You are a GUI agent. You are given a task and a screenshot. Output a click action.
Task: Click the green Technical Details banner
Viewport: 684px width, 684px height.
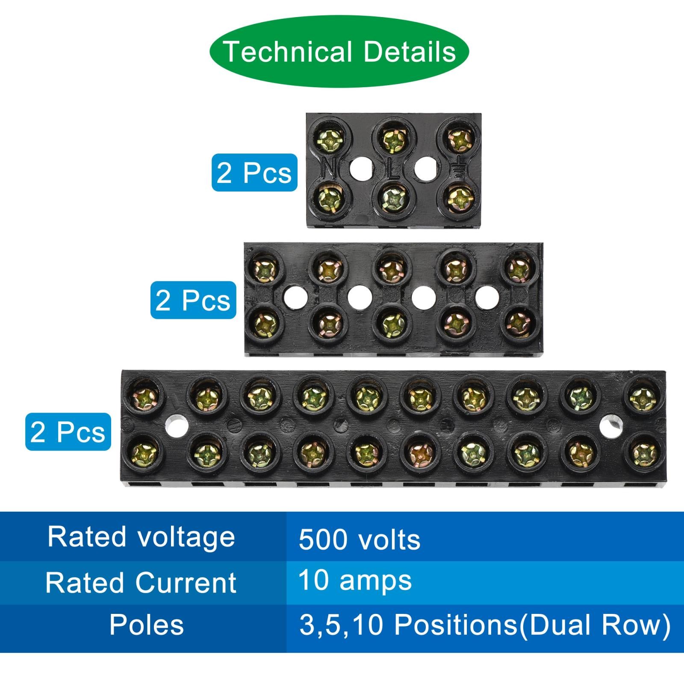tap(339, 52)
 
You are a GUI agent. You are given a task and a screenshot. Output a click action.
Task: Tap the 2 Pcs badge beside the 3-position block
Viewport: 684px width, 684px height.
tap(254, 172)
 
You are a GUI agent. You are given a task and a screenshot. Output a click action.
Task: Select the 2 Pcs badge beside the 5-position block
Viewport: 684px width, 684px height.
tap(193, 300)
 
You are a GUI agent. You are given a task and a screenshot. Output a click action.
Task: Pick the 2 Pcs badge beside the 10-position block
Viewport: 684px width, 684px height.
tap(68, 431)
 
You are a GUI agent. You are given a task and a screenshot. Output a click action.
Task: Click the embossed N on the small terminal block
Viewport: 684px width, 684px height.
tap(330, 168)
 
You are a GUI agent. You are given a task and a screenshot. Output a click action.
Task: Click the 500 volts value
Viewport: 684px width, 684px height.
tap(360, 540)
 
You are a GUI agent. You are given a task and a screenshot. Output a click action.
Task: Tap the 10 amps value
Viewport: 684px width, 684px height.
tap(355, 581)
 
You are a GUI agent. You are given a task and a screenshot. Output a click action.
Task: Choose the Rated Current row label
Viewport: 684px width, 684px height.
tap(141, 582)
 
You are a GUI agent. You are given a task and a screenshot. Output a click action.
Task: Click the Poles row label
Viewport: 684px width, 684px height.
tap(147, 625)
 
